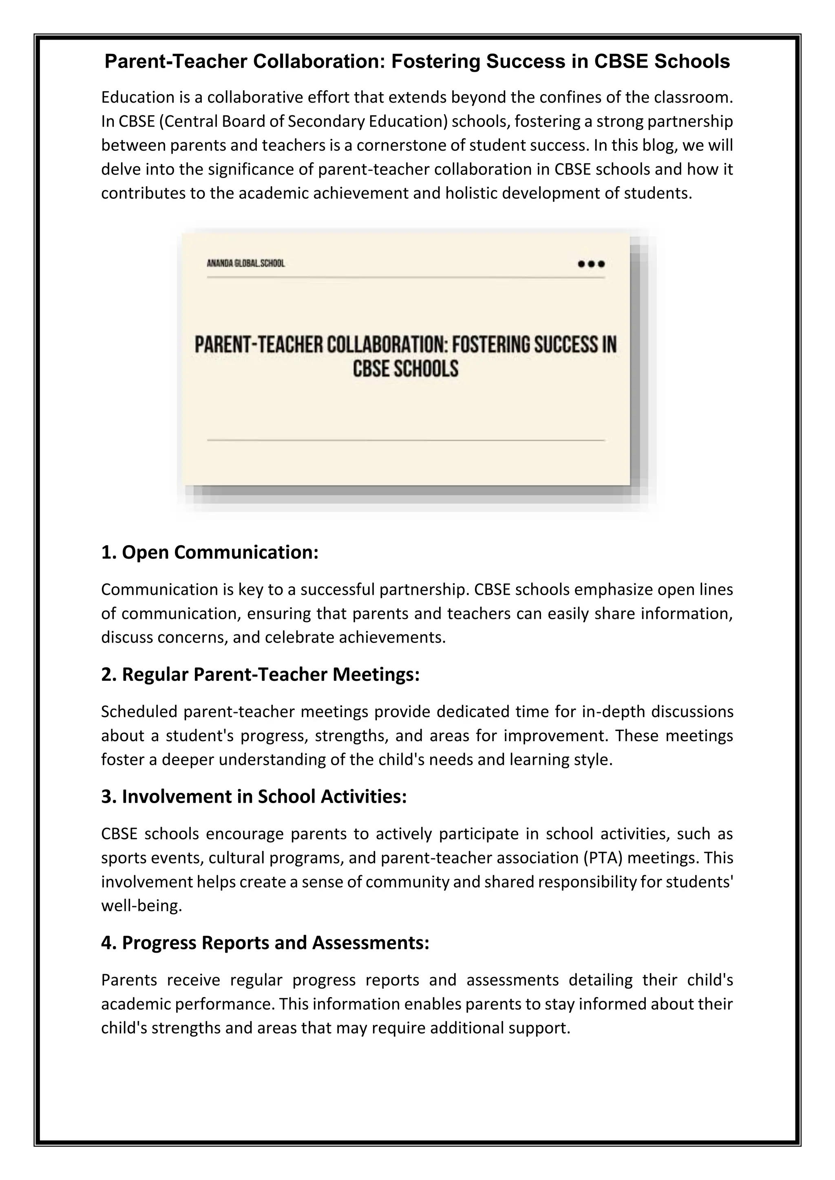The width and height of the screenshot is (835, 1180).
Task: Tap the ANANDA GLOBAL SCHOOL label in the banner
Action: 245,264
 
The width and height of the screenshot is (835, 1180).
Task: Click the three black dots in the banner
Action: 591,264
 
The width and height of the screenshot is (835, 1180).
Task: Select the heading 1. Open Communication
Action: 210,553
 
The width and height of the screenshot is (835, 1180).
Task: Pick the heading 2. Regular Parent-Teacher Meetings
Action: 260,675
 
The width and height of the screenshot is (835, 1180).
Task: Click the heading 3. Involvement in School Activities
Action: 254,797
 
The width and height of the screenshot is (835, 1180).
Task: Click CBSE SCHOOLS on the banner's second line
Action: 405,369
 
